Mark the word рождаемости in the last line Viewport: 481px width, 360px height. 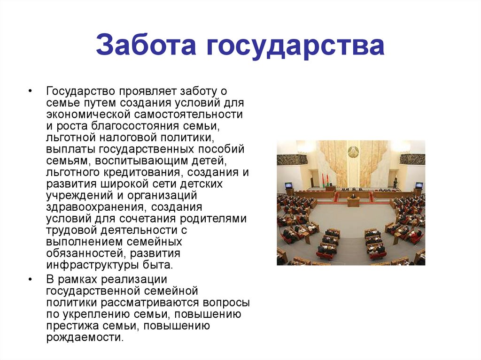click(84, 337)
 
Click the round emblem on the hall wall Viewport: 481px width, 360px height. click(353, 152)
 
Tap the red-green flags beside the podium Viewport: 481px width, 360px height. click(324, 180)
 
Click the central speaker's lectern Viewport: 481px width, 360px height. click(353, 202)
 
